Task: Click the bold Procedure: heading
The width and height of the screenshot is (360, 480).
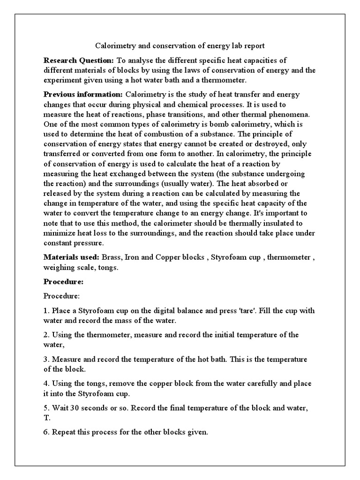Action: [x=63, y=282]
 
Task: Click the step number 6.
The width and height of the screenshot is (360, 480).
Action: [x=46, y=432]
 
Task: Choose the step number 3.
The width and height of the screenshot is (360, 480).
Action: [x=46, y=359]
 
